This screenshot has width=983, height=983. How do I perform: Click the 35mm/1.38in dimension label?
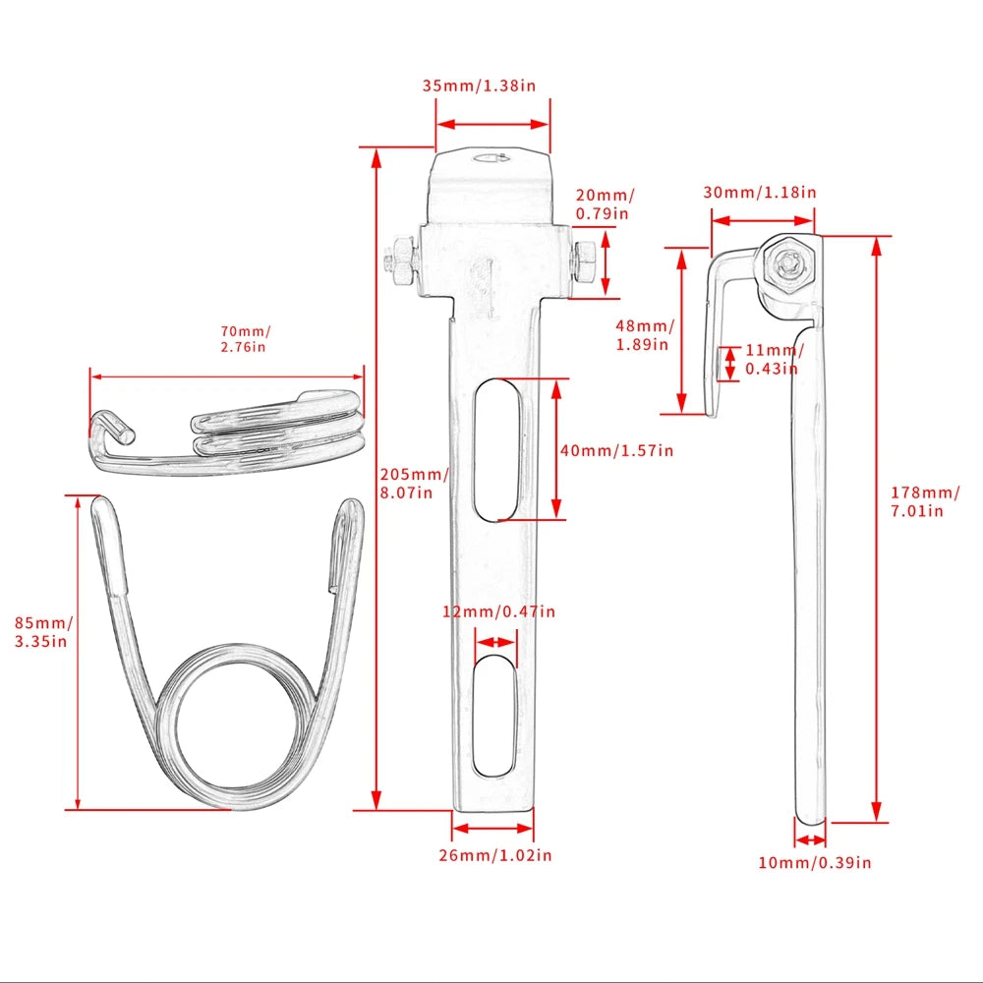pyautogui.click(x=479, y=86)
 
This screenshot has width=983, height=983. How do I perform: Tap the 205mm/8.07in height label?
pyautogui.click(x=413, y=484)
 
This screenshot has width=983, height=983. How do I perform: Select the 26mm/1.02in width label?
pyautogui.click(x=495, y=855)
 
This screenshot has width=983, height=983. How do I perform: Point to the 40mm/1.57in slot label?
pyautogui.click(x=617, y=450)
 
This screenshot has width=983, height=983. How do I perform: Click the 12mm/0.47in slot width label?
pyautogui.click(x=499, y=611)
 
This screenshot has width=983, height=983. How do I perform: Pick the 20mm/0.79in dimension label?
pyautogui.click(x=605, y=204)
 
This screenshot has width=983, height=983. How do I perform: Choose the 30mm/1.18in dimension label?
pyautogui.click(x=760, y=192)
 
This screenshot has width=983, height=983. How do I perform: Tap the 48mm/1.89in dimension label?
pyautogui.click(x=645, y=335)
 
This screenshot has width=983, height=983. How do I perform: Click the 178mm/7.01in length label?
pyautogui.click(x=925, y=501)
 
